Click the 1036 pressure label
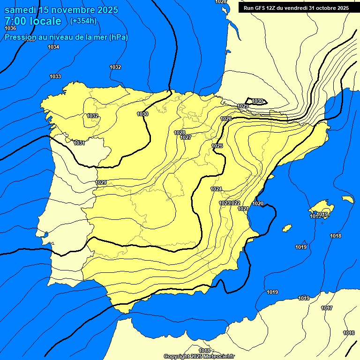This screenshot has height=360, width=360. click(x=10, y=29)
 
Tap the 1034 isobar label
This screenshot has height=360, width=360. click(x=53, y=47)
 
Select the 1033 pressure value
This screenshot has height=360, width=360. click(x=55, y=76)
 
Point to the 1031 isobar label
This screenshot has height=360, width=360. click(x=79, y=143)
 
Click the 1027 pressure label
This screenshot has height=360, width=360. click(x=185, y=137)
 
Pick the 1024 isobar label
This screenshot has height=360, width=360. click(x=216, y=189)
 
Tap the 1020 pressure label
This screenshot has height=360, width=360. click(x=258, y=203)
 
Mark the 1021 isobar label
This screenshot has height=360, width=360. click(x=243, y=209)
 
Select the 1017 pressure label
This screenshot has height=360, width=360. click(x=327, y=308)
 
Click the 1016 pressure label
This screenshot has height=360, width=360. click(x=348, y=333)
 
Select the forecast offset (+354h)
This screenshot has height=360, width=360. click(x=83, y=21)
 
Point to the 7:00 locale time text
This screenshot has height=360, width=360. click(x=33, y=21)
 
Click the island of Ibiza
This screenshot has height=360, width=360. click(x=287, y=228)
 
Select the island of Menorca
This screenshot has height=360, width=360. click(x=347, y=199)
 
